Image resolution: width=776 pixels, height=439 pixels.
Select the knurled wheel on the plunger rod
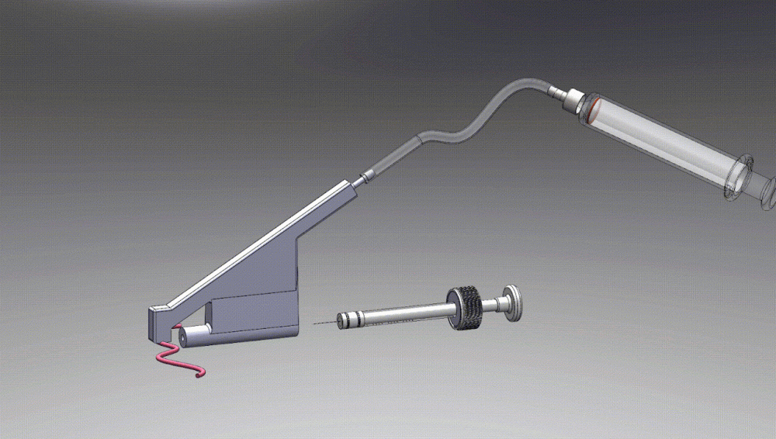click(463, 300)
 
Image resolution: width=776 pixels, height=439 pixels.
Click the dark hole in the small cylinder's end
click(181, 337)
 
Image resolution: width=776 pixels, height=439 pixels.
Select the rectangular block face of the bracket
click(252, 314)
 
